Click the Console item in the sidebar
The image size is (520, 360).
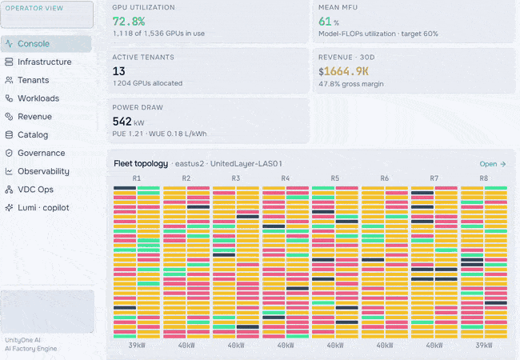pyautogui.click(x=46, y=44)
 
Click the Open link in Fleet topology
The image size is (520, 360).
pyautogui.click(x=493, y=164)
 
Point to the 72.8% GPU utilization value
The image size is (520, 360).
pyautogui.click(x=129, y=22)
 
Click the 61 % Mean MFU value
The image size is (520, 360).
pyautogui.click(x=329, y=22)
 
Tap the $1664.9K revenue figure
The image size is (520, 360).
pyautogui.click(x=343, y=72)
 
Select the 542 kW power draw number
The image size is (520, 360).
pyautogui.click(x=128, y=122)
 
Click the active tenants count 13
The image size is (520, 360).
pyautogui.click(x=118, y=71)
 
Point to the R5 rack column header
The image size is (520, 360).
pyautogui.click(x=335, y=178)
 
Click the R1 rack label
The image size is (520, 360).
pyautogui.click(x=137, y=178)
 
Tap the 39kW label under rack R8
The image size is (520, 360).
pyautogui.click(x=484, y=346)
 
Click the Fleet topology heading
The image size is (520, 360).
pyautogui.click(x=141, y=164)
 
